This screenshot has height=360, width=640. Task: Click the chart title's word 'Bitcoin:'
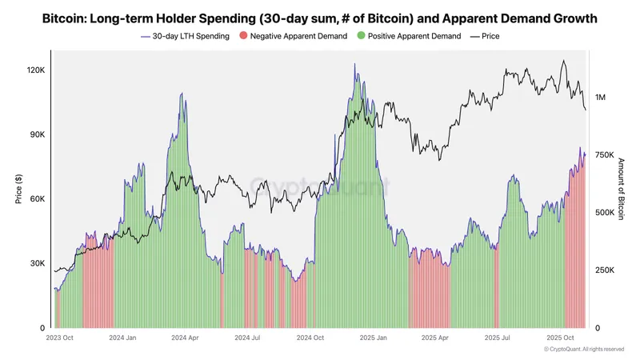pos(66,18)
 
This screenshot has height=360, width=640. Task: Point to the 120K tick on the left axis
pos(36,70)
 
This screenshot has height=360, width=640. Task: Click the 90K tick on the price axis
pos(38,134)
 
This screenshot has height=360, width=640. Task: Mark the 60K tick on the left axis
pos(38,199)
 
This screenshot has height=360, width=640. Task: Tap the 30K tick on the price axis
pos(38,263)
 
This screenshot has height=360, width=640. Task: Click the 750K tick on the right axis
pos(605,155)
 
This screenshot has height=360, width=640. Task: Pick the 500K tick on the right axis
pos(605,213)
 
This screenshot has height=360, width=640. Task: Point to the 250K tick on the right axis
pos(605,270)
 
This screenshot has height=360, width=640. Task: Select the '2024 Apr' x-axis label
pos(184,338)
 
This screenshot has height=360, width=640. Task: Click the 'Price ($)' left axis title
pos(19,189)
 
